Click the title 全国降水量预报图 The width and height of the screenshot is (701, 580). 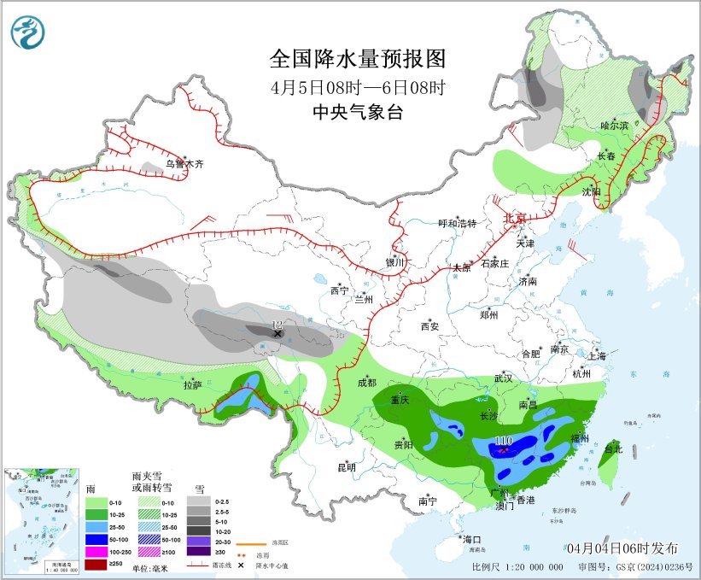coord(358,59)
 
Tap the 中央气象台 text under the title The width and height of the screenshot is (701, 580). coord(358,112)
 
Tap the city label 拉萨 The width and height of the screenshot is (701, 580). coord(192,385)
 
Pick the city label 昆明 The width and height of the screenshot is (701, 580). coord(347,467)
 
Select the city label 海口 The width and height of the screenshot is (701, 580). coord(472,539)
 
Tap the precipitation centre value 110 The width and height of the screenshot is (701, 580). coord(504,442)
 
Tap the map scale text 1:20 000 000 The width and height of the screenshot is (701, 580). coord(530,567)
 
